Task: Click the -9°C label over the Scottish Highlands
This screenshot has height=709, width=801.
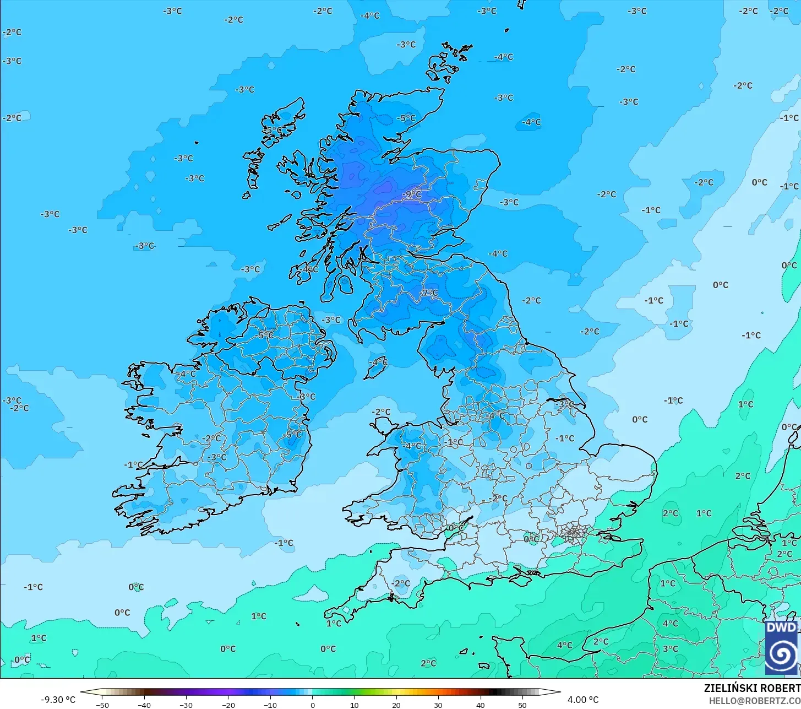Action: click(x=411, y=194)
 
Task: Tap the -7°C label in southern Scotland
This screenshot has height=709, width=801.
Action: click(x=429, y=293)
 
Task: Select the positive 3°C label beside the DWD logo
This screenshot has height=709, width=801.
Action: click(x=670, y=648)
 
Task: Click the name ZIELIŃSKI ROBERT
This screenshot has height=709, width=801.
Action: click(x=751, y=688)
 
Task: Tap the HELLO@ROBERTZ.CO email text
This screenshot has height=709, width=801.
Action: click(x=754, y=701)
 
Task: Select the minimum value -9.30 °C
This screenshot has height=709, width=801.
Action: click(x=58, y=700)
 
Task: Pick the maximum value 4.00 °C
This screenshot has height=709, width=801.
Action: click(x=583, y=700)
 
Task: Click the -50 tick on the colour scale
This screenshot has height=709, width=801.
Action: click(x=102, y=705)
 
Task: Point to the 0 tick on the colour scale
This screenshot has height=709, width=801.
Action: click(x=312, y=705)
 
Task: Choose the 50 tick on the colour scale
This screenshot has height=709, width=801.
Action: click(x=522, y=705)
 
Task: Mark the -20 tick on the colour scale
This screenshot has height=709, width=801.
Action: click(x=228, y=705)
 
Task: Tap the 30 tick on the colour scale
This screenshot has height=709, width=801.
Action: click(x=438, y=705)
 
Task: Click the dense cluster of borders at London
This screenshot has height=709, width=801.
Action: click(x=573, y=533)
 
